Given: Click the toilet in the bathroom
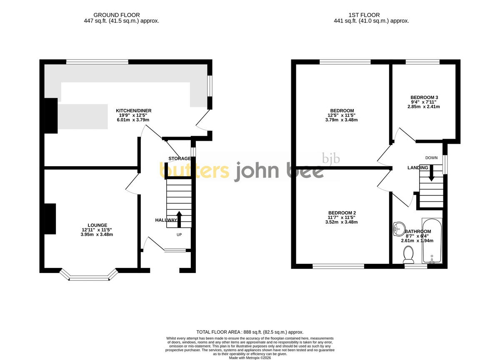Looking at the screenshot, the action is point(408,255).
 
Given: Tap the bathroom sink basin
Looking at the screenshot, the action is point(399,229).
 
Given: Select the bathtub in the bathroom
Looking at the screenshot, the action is point(432,241).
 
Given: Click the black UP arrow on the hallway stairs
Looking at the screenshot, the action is point(179,220).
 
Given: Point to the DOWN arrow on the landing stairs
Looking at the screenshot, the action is point(432,173).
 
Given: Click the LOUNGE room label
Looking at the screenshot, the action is point(97,225).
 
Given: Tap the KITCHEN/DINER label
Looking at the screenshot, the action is point(133,110).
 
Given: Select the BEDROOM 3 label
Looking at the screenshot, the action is point(424,97).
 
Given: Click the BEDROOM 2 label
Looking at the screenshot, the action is point(342,212).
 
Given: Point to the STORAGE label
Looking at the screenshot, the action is point(180,158).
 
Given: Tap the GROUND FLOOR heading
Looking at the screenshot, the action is point(117,15).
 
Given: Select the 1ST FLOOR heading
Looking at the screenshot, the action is point(364,15).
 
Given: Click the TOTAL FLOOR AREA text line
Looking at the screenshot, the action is point(250,332).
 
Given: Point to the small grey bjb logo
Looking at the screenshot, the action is point(331,158).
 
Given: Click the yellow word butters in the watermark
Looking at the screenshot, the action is point(195,170).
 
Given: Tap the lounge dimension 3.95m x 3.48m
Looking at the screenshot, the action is point(97,234).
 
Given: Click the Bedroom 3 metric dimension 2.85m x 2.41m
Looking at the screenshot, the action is point(424,107).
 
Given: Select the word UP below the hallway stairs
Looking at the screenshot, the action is point(179,235).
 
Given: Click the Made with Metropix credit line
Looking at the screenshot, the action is point(250,358).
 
